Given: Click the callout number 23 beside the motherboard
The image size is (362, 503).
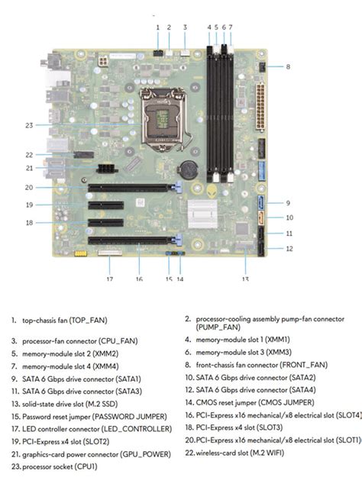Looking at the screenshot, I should point(28,124).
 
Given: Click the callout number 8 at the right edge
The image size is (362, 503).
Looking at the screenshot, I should point(288,67).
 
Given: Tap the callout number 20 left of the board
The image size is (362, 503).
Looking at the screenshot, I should point(27,187).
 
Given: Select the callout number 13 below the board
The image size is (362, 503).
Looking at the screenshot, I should point(245,279).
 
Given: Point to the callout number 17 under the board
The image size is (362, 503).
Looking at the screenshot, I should point(109,279).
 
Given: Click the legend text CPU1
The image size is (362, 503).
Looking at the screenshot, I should point(86,466).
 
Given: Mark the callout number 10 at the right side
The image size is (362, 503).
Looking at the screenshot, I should point(288,218).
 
